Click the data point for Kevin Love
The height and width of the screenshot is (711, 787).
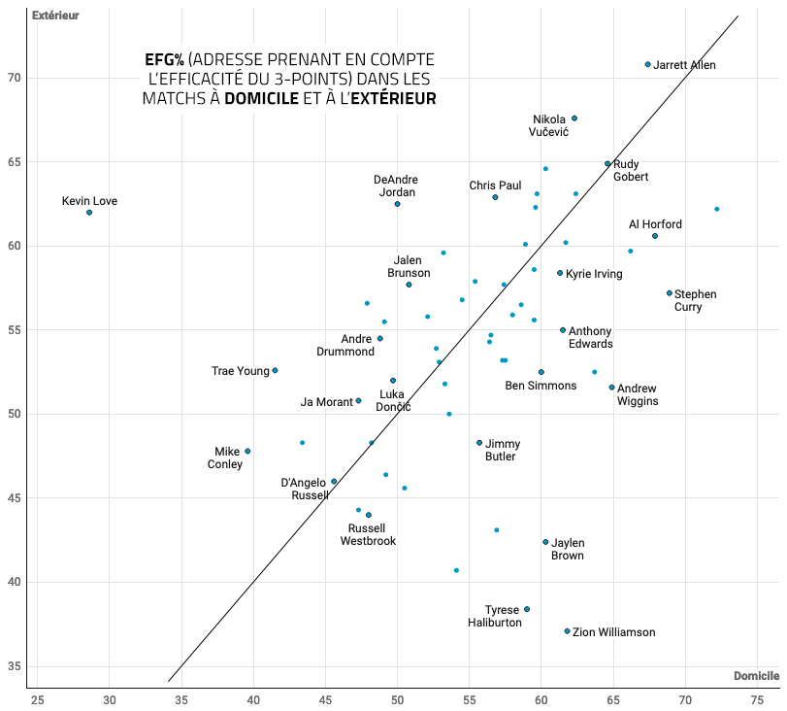pyautogui.click(x=89, y=213)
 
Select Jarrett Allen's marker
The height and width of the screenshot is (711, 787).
pyautogui.click(x=648, y=65)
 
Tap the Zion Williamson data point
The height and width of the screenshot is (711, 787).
pyautogui.click(x=568, y=631)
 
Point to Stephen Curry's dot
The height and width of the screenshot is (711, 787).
pyautogui.click(x=670, y=293)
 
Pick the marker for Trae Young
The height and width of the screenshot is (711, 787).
pyautogui.click(x=275, y=371)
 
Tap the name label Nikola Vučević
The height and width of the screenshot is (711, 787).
pyautogui.click(x=549, y=125)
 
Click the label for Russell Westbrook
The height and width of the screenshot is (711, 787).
pyautogui.click(x=368, y=535)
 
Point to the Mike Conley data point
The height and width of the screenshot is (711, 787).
pyautogui.click(x=247, y=451)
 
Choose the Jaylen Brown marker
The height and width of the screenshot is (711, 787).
pyautogui.click(x=545, y=542)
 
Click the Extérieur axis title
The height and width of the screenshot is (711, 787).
pyautogui.click(x=55, y=16)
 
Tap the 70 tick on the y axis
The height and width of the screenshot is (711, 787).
pyautogui.click(x=15, y=78)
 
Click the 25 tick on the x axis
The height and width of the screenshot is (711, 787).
pyautogui.click(x=38, y=699)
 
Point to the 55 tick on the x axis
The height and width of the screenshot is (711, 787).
pyautogui.click(x=470, y=699)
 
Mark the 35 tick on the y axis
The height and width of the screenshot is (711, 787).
pyautogui.click(x=15, y=667)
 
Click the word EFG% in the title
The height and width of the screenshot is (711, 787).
pyautogui.click(x=165, y=60)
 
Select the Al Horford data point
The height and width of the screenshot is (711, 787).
pyautogui.click(x=655, y=236)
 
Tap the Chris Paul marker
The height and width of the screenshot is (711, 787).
pyautogui.click(x=495, y=197)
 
